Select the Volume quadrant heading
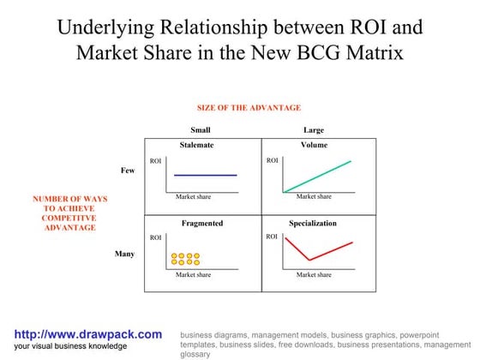(314, 145)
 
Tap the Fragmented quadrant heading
(202, 223)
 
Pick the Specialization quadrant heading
(312, 223)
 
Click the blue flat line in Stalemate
(205, 175)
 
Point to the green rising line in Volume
(317, 176)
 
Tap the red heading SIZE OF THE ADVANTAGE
(249, 108)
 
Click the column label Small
(201, 130)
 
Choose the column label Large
(314, 130)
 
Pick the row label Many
(124, 254)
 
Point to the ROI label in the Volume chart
(272, 160)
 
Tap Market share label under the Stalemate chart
(193, 197)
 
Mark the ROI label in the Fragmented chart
(155, 237)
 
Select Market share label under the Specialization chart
(314, 275)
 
